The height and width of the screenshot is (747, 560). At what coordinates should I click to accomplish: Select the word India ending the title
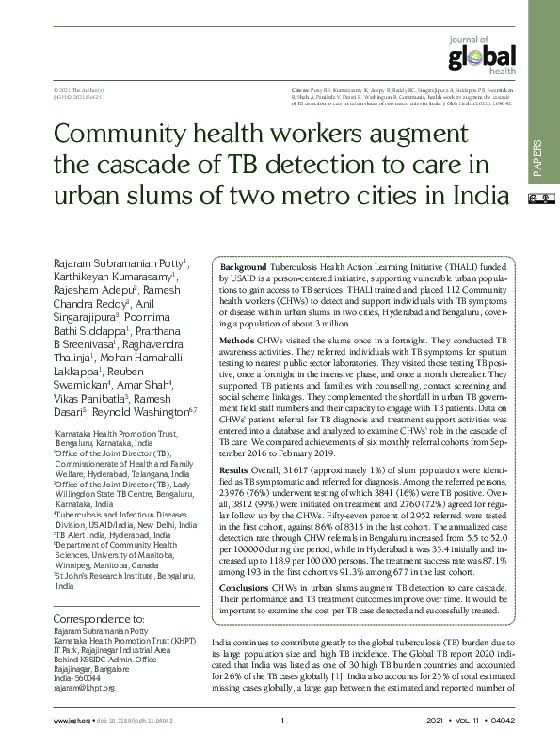click(x=475, y=197)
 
